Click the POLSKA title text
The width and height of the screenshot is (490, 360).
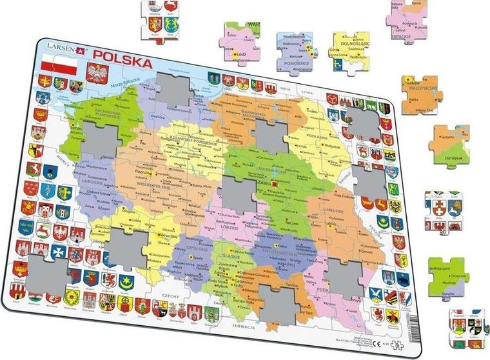click(x=123, y=63)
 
